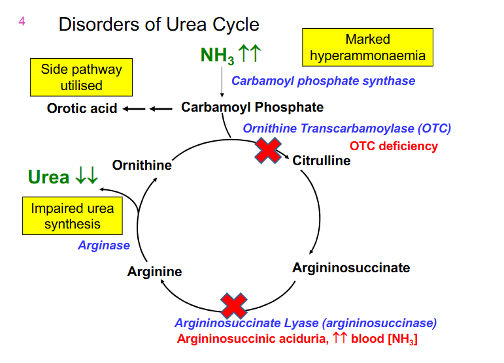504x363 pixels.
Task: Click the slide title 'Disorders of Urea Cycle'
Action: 159,25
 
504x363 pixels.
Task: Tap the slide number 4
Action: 22,22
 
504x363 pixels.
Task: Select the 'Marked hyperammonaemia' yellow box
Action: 367,47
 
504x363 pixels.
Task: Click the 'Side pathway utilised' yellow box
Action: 81,77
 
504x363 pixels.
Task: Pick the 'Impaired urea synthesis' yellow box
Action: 73,216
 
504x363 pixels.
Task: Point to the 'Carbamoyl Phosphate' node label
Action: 252,107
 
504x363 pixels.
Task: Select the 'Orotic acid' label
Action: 82,108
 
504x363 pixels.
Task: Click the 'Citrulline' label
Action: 321,161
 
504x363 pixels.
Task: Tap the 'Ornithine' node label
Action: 142,165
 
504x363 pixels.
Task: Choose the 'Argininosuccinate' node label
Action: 351,268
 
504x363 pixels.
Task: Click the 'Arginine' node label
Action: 154,272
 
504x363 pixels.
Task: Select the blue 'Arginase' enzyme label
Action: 104,245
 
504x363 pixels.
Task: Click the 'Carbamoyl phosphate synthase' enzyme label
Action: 323,81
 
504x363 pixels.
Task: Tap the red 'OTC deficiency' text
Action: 394,146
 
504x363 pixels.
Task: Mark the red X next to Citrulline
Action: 267,150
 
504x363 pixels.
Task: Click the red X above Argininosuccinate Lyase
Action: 233,305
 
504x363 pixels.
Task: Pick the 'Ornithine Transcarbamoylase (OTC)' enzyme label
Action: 346,129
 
